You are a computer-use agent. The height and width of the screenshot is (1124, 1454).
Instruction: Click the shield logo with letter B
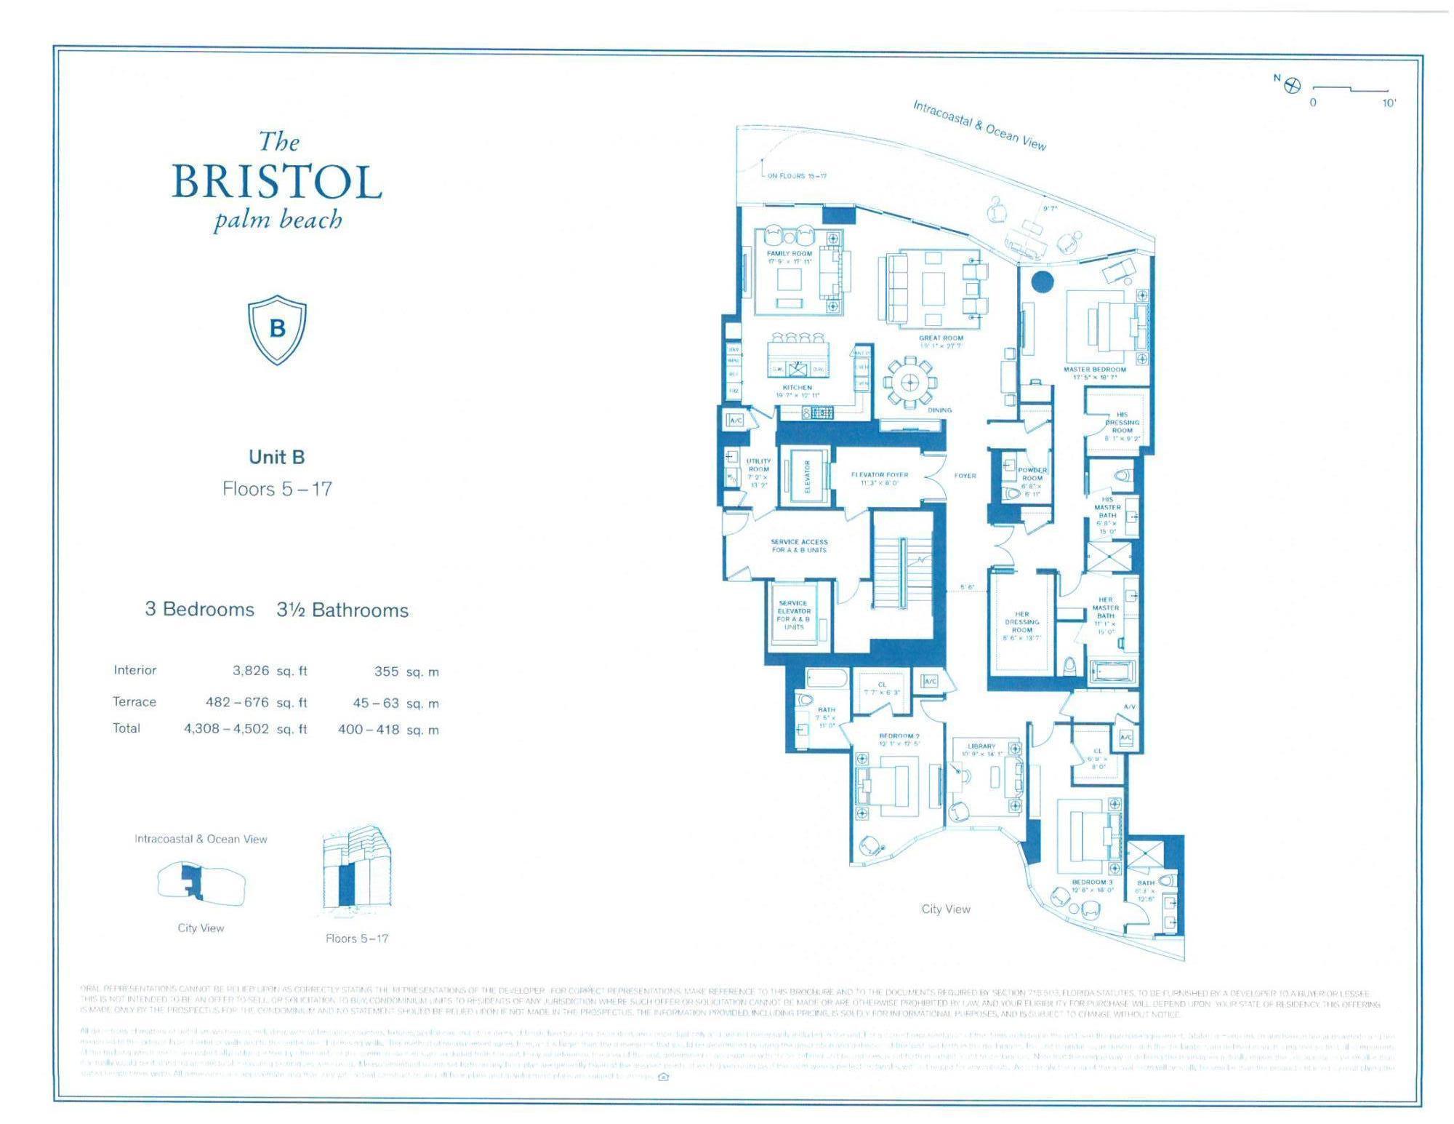coord(277,329)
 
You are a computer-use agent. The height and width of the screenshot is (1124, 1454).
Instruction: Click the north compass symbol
coord(1293,86)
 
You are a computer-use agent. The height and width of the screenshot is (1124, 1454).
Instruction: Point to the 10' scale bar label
coord(1389,103)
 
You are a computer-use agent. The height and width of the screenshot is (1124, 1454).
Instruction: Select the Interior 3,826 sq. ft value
coord(251,671)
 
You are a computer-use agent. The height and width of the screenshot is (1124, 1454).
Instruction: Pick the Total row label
coord(126,728)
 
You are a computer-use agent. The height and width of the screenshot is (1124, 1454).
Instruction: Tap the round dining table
coord(909,382)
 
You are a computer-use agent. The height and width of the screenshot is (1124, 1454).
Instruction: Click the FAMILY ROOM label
coord(789,254)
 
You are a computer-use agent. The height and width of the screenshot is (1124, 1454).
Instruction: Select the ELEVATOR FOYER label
coord(880,475)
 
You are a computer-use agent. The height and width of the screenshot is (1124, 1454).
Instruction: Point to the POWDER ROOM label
coord(1032,474)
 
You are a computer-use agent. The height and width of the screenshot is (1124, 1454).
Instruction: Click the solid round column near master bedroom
coord(1043,281)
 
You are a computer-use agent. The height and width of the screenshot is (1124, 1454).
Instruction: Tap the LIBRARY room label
coord(981,746)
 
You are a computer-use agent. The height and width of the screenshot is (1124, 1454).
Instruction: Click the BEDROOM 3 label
coord(1092,882)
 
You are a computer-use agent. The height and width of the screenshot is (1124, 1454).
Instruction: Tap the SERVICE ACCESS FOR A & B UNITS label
coord(799,546)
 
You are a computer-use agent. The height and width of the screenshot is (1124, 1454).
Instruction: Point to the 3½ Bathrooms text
coord(342,610)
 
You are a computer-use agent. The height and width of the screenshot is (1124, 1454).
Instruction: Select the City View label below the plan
coord(945,909)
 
